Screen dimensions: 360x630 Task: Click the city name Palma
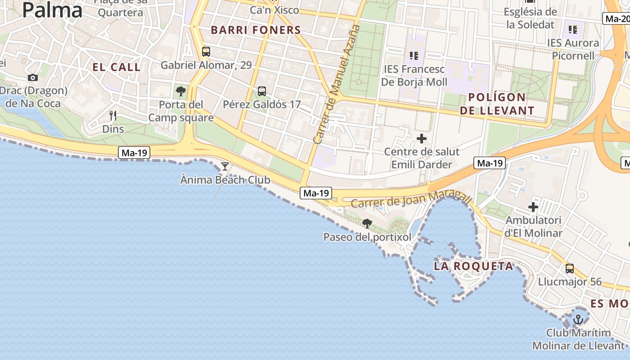tap(52, 10)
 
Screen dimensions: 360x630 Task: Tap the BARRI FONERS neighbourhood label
tap(256, 30)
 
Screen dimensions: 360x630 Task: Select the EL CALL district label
tap(117, 67)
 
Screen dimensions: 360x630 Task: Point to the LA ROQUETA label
tap(473, 266)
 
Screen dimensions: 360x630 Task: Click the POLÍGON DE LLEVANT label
tap(497, 103)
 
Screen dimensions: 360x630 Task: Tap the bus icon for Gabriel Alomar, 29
tap(206, 52)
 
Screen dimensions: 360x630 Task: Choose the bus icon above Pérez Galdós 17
tap(262, 91)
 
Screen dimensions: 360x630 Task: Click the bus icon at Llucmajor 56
tap(570, 269)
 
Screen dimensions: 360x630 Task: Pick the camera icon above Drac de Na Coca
tap(33, 77)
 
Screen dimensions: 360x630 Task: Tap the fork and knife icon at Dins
tap(113, 116)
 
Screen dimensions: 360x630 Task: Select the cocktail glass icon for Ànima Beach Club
tap(225, 166)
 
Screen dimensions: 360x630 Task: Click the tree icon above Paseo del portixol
tap(367, 223)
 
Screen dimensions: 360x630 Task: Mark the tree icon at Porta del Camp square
tap(181, 91)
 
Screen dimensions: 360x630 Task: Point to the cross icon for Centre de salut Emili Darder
tap(422, 138)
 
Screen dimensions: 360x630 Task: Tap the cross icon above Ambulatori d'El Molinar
tap(533, 207)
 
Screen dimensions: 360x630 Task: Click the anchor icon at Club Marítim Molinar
tap(578, 319)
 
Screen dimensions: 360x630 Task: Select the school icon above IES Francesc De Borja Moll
tap(414, 56)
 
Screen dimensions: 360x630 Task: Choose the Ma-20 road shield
tap(616, 19)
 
